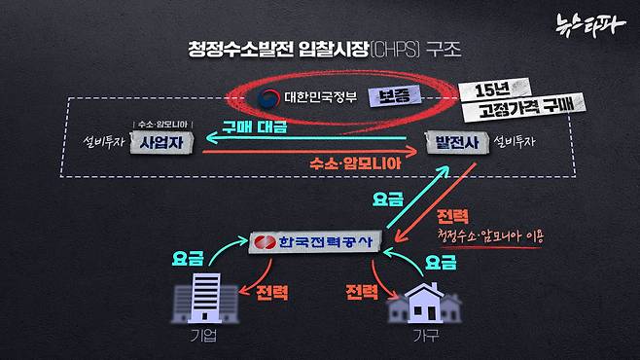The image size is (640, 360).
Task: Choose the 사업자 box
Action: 164,144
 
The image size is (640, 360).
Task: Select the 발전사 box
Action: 456,144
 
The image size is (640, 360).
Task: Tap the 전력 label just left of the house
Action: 363,291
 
